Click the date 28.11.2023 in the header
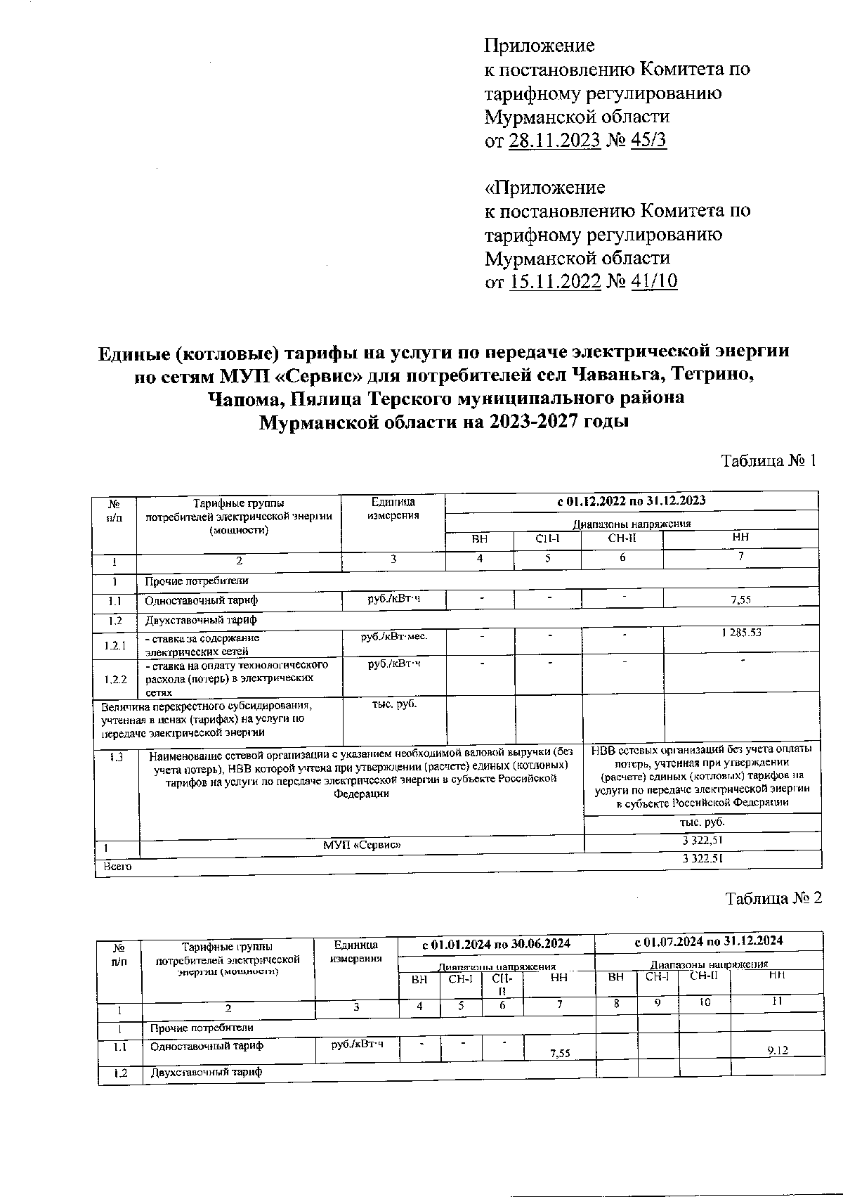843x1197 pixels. click(x=554, y=141)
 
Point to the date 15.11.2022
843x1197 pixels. click(x=554, y=282)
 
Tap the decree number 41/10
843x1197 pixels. click(x=655, y=282)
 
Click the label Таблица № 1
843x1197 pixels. click(x=769, y=461)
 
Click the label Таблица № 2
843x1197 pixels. click(x=773, y=899)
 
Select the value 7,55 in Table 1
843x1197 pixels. click(x=740, y=600)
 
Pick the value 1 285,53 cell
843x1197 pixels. click(x=740, y=633)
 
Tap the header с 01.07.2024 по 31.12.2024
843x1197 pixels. click(x=708, y=941)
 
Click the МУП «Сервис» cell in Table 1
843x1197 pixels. click(x=362, y=843)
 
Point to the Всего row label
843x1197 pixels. click(x=112, y=867)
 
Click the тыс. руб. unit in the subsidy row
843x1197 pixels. click(x=394, y=704)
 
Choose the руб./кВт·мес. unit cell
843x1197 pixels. click(x=393, y=636)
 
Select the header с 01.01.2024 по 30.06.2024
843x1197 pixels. click(x=496, y=943)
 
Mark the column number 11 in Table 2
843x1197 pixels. click(x=777, y=1002)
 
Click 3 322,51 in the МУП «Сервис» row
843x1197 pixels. click(x=702, y=840)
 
